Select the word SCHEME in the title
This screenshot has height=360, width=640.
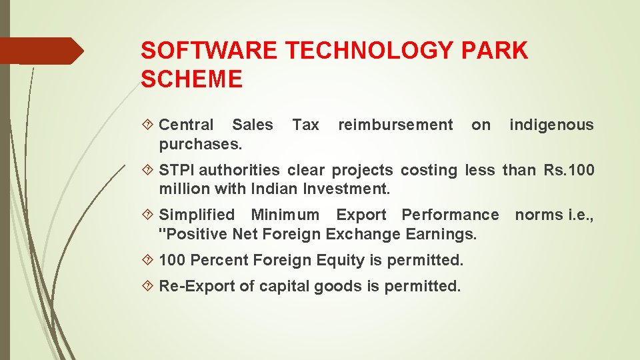point(192,80)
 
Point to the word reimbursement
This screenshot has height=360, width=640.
point(395,125)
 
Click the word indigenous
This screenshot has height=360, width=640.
point(551,125)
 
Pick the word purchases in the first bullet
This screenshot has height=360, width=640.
point(200,144)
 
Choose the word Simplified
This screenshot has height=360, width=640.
point(197,215)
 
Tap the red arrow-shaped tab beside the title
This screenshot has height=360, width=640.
point(41,51)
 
